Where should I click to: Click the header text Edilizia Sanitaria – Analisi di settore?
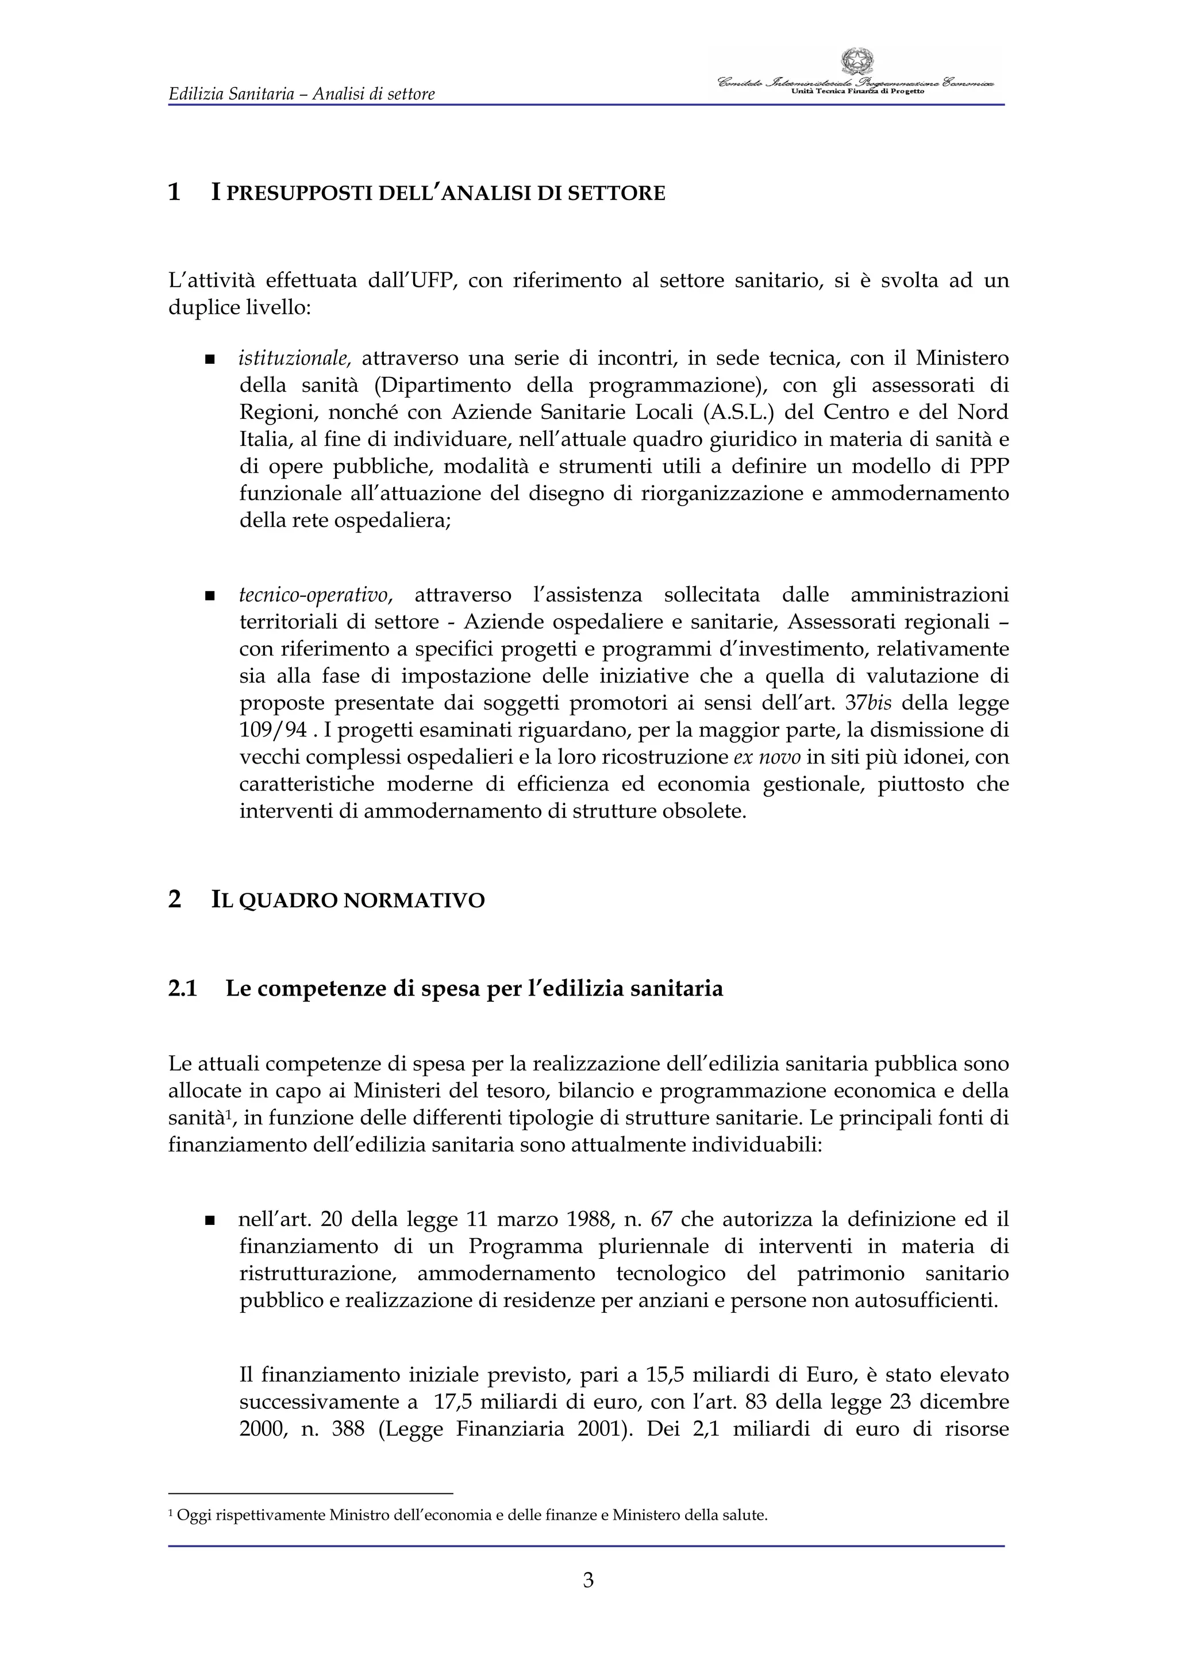point(301,94)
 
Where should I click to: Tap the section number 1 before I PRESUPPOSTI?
point(174,193)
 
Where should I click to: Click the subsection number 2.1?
point(183,988)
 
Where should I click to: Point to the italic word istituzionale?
point(294,359)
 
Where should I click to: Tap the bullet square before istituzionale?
point(210,360)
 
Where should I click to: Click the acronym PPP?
point(986,467)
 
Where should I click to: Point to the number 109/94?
point(274,730)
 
